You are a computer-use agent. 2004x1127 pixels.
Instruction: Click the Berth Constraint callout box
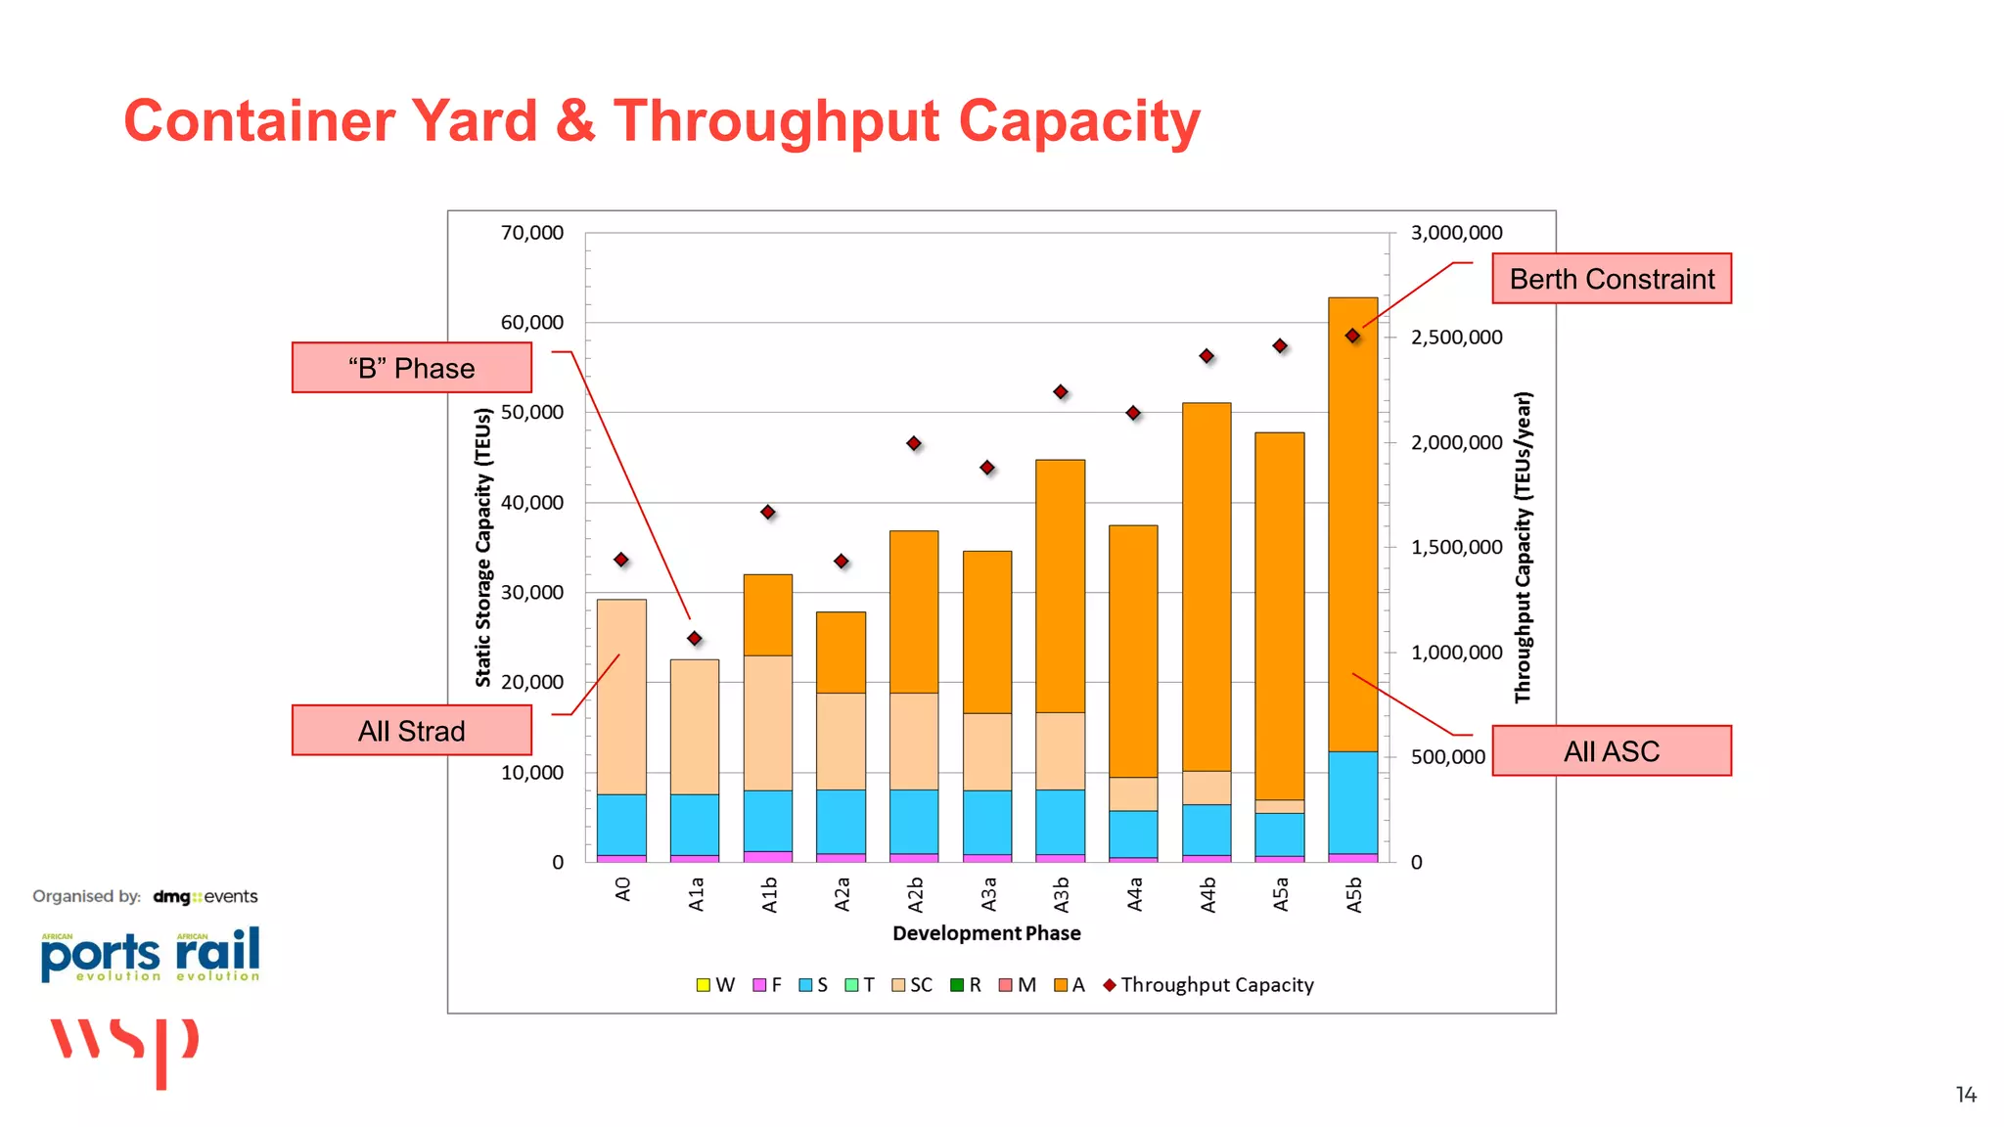[1611, 279]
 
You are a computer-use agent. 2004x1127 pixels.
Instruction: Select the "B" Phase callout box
[411, 368]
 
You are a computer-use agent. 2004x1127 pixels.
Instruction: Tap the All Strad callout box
[411, 731]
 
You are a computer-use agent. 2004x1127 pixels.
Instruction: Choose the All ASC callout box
[1611, 751]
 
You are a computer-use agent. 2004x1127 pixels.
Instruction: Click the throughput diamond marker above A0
[621, 560]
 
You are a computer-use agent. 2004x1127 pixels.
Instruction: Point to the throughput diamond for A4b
[1207, 356]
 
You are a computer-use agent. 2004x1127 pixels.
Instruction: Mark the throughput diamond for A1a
[695, 639]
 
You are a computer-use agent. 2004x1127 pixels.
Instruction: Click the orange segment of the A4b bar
[1207, 587]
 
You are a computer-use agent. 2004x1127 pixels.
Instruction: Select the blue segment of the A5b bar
[1352, 802]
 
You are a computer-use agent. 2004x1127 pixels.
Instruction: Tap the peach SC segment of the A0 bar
[621, 697]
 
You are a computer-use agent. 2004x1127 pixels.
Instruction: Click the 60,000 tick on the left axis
[532, 323]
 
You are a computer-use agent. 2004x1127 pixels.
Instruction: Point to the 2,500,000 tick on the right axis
[1456, 338]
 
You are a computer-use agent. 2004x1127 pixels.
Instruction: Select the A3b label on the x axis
[1061, 894]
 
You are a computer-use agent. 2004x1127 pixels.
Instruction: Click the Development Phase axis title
[986, 933]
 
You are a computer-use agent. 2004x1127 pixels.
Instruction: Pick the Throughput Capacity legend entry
[1208, 985]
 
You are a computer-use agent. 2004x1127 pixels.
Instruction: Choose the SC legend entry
[912, 985]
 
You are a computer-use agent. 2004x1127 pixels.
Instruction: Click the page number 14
[1966, 1095]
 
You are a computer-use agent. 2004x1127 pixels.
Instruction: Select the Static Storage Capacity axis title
[483, 548]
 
